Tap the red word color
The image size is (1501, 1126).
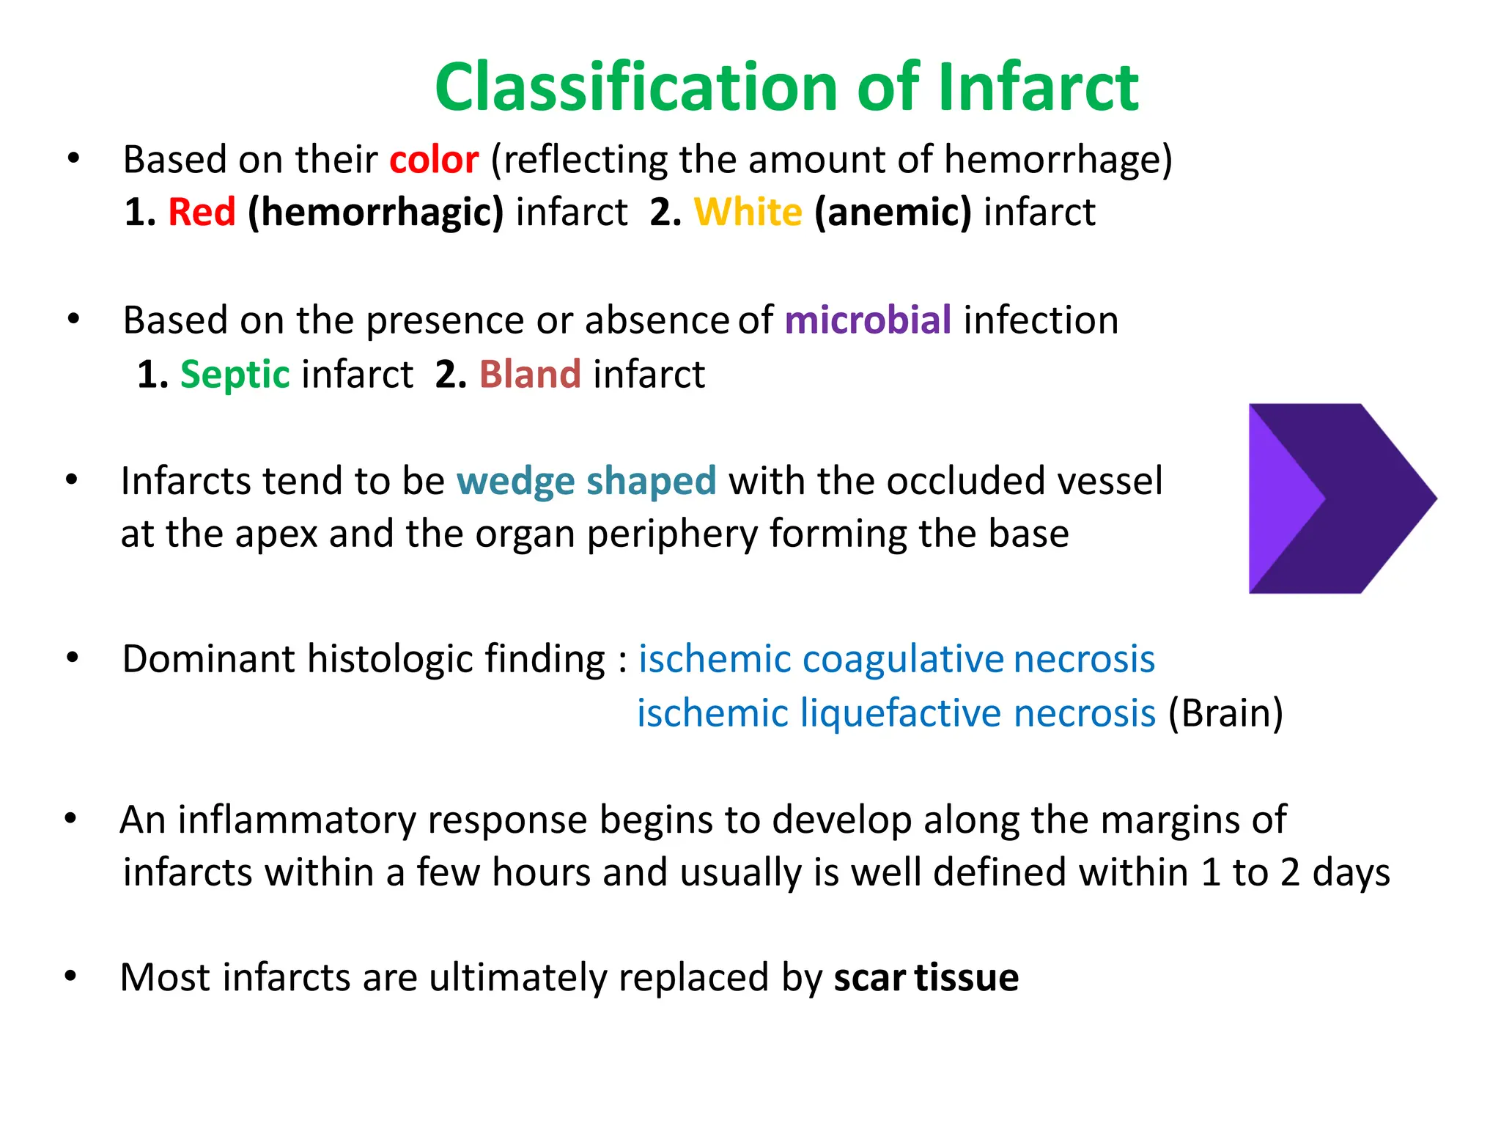[x=433, y=160]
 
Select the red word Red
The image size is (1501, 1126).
[x=202, y=213]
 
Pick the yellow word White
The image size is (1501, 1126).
[x=748, y=213]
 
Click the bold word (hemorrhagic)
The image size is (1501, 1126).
[x=376, y=213]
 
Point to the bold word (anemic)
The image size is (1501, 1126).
[x=893, y=213]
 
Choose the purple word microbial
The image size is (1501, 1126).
[x=868, y=321]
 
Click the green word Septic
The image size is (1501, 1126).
[x=235, y=375]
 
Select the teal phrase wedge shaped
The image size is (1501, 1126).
[x=586, y=482]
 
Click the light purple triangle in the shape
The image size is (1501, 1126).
[x=1278, y=498]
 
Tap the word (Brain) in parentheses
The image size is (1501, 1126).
[x=1225, y=713]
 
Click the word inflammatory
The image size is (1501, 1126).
[x=297, y=820]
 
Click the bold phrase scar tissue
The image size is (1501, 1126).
[x=926, y=978]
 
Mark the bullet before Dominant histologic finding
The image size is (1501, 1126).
[x=72, y=658]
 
